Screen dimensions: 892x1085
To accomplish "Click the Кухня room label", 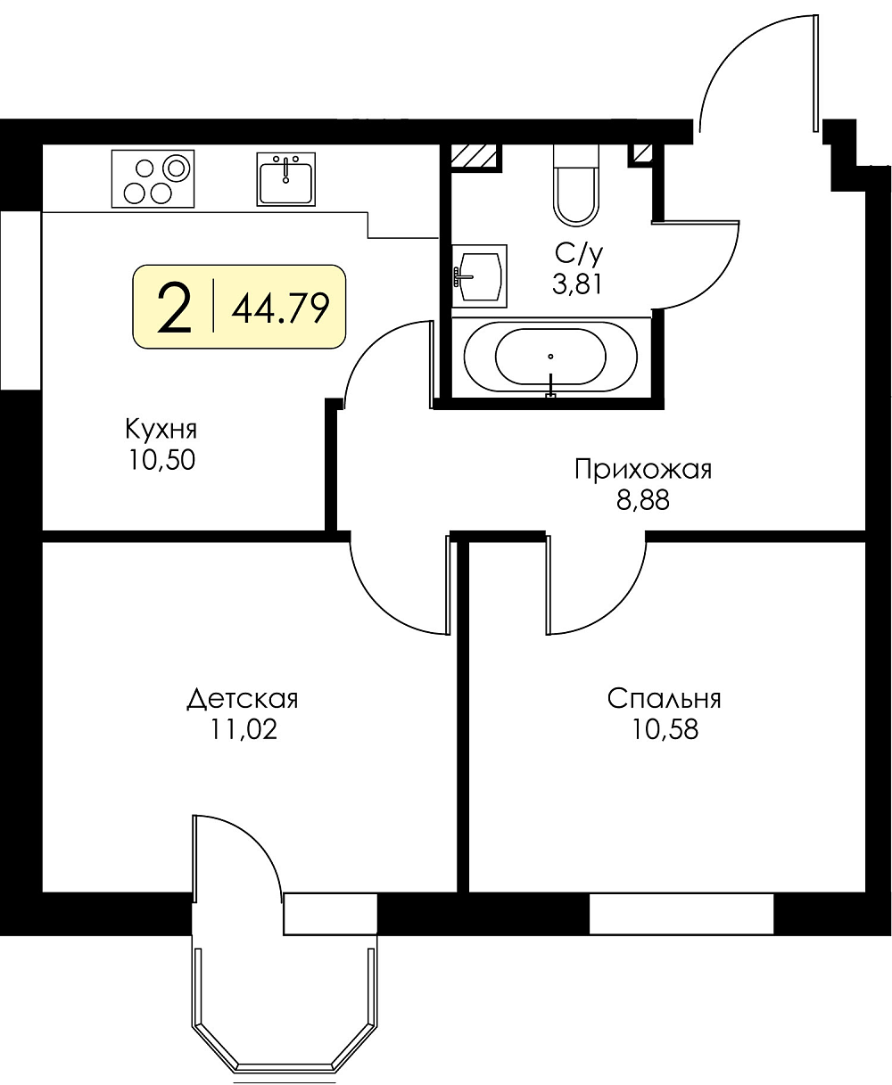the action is [x=161, y=430].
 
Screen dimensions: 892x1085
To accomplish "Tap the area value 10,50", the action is [x=161, y=459].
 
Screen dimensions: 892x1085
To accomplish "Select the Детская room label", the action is [x=243, y=700].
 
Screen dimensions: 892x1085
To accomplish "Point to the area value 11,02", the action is [x=244, y=729].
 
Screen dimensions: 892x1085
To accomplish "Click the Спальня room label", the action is [x=664, y=699].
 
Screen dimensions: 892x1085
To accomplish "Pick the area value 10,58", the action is [x=665, y=729].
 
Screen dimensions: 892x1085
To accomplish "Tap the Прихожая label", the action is [x=643, y=470].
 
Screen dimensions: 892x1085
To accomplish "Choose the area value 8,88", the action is [x=643, y=499].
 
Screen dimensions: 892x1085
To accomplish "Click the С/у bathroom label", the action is [x=578, y=253].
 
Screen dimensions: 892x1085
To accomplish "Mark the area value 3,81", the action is [x=577, y=284].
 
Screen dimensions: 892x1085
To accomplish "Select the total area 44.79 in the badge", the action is [x=280, y=308].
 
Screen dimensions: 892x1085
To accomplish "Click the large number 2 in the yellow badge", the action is [x=173, y=307].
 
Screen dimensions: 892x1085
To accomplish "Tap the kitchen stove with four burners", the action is [x=153, y=178].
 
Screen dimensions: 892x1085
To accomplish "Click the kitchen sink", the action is [x=286, y=179].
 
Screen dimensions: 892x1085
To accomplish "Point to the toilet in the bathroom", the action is [x=576, y=185].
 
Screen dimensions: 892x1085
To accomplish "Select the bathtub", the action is [x=550, y=356].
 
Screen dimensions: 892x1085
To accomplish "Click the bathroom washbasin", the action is [x=479, y=276].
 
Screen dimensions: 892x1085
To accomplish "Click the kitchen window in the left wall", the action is [x=21, y=300].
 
